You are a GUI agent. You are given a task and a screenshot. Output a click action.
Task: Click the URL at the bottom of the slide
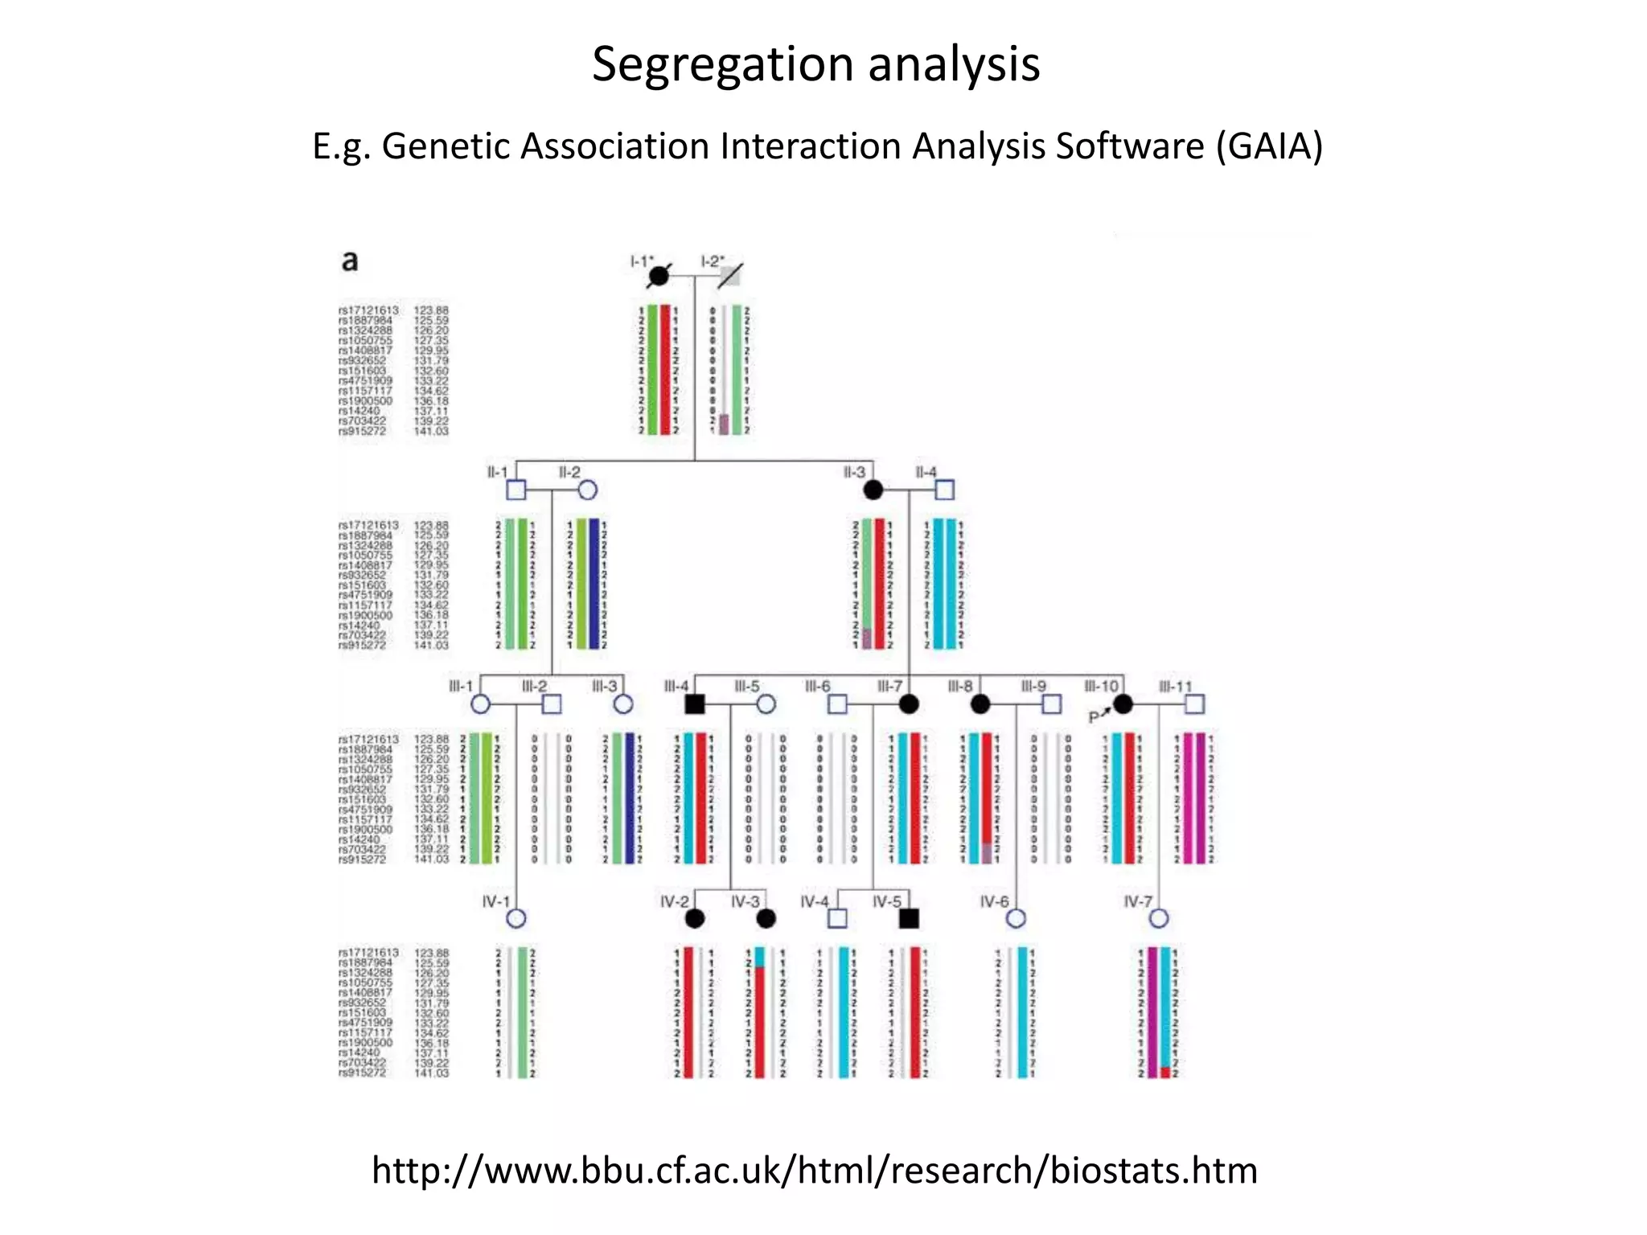tap(814, 1170)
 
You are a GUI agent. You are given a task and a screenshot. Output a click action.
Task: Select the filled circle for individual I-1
tap(659, 276)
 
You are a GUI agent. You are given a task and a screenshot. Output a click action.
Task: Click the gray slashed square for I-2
tap(729, 276)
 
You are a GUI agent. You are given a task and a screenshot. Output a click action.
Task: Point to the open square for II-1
tap(516, 490)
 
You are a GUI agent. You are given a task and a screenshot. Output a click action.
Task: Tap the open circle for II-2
tap(587, 490)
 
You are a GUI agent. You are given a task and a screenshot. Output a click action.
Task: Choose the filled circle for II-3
tap(873, 490)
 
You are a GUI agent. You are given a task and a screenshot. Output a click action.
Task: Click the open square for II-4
tap(945, 490)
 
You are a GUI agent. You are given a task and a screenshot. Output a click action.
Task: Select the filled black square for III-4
tap(695, 704)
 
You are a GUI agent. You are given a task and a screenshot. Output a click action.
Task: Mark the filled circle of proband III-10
tap(1123, 704)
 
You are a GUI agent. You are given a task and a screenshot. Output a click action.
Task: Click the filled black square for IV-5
tap(909, 918)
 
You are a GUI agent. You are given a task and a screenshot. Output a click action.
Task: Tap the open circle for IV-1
tap(516, 918)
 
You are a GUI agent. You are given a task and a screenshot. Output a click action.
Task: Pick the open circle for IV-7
tap(1159, 918)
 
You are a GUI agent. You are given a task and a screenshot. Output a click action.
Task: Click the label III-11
tap(1175, 687)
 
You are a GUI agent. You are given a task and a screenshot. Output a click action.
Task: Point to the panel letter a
tap(350, 261)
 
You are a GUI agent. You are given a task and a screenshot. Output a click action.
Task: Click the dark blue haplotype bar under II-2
tap(593, 584)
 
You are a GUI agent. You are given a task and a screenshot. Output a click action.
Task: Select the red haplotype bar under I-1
tap(665, 370)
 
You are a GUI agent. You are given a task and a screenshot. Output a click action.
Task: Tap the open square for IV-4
tap(837, 918)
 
